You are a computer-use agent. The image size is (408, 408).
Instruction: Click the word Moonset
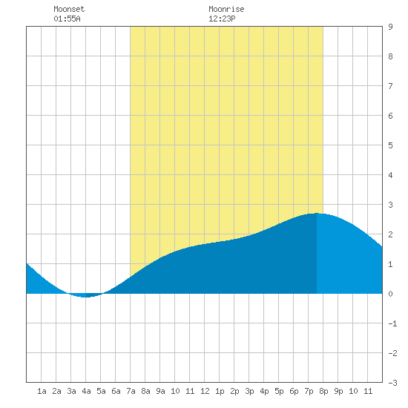coord(69,9)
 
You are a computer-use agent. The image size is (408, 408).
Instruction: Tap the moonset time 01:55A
coord(67,19)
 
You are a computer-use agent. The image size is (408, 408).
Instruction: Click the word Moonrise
coord(226,9)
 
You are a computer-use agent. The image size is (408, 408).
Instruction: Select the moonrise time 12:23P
coord(222,19)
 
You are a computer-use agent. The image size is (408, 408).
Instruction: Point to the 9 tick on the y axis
coord(390,27)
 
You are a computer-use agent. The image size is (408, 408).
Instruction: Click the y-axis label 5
coord(390,145)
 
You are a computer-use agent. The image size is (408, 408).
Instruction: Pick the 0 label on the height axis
coord(390,294)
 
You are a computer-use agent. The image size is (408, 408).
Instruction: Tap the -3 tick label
coord(392,383)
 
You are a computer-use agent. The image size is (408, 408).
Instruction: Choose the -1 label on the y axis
coord(392,323)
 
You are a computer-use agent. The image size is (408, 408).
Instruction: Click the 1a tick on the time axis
coord(42,391)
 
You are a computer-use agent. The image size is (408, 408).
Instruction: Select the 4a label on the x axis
coord(86,391)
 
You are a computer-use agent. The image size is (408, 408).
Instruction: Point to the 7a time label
coord(131,391)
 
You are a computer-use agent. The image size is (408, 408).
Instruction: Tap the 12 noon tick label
coord(205,391)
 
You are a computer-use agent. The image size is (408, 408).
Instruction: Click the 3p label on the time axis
coord(249,391)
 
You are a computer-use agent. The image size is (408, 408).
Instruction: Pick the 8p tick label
coord(323,391)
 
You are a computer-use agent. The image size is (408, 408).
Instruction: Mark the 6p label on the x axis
coord(294,391)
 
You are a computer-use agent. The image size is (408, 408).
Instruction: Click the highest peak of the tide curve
coord(317,214)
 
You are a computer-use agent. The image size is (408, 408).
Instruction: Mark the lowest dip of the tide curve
coord(85,297)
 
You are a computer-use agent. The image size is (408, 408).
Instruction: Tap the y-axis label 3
coord(390,205)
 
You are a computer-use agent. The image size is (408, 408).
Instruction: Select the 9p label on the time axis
coord(338,391)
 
